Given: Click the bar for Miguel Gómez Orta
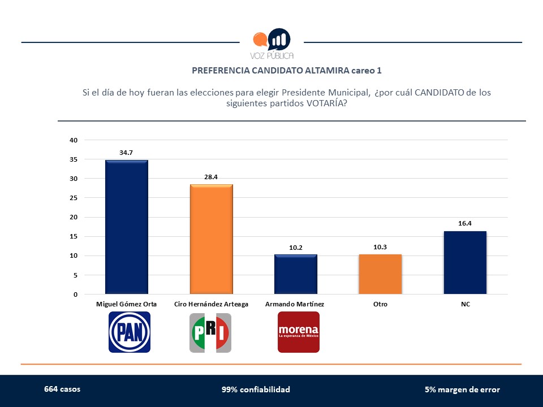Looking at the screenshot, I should [x=127, y=227].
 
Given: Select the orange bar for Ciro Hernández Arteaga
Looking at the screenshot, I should [x=211, y=239].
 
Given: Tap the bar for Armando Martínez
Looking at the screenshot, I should [x=295, y=274].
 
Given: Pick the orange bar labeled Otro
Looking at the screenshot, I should [x=380, y=274].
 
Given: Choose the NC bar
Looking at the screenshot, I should [x=465, y=262].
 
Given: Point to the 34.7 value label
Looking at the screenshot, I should [x=127, y=153].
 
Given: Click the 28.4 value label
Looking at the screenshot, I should [x=211, y=177].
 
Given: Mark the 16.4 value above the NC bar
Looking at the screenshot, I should [x=465, y=223].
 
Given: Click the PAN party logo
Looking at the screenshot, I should [x=130, y=332].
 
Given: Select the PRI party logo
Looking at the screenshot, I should [x=210, y=332].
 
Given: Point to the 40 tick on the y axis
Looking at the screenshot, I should [x=74, y=140].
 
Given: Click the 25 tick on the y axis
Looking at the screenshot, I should [x=74, y=198].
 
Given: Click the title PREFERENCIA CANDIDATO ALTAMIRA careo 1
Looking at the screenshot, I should [x=287, y=71].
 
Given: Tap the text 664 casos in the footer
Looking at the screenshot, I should [x=62, y=389].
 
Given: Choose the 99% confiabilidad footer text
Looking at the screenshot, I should [x=256, y=389].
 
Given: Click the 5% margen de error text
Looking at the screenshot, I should [x=462, y=389].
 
